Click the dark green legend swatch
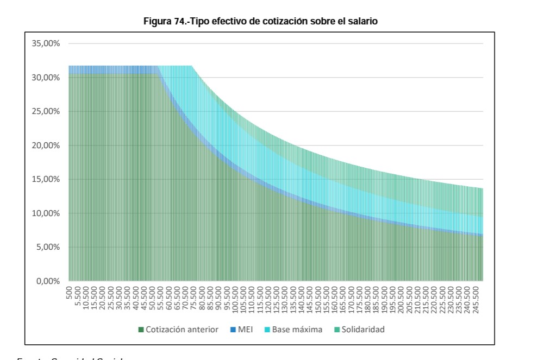(141, 329)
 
